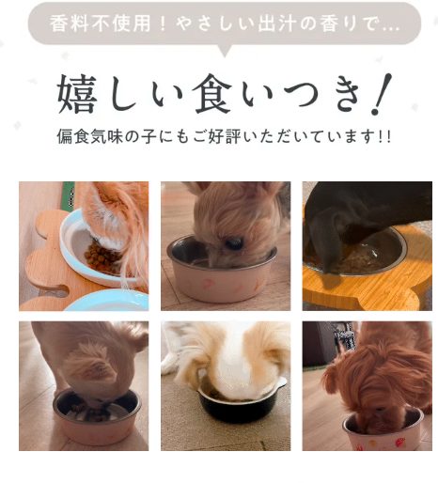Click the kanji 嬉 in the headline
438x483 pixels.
click(x=77, y=94)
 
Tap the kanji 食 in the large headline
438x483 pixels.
click(x=213, y=94)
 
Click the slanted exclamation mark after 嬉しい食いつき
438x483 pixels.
click(x=381, y=94)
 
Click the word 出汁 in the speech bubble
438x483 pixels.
click(x=276, y=23)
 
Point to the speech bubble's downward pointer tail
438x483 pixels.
click(x=224, y=51)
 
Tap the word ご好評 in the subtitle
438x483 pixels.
click(x=216, y=136)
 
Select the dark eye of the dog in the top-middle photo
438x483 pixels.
click(x=235, y=243)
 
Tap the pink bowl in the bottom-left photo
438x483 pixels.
click(x=97, y=419)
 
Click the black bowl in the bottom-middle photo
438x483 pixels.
click(x=238, y=406)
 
